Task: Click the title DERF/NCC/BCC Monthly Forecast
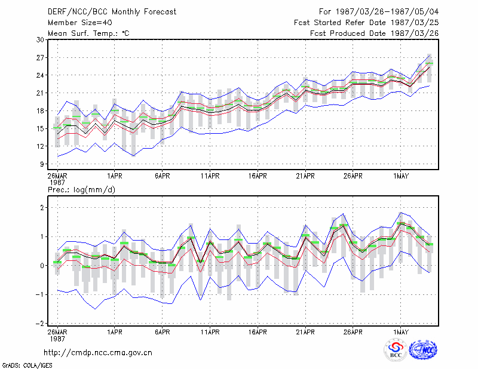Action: (112, 12)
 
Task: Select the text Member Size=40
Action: (80, 23)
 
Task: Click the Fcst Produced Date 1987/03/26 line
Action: (375, 33)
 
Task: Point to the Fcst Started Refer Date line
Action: (366, 23)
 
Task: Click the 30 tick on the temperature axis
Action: (41, 40)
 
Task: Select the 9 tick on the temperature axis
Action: (42, 164)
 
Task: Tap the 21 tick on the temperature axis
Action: (41, 93)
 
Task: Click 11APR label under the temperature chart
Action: (210, 176)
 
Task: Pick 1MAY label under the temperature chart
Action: (400, 176)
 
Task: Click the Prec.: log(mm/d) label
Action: (81, 190)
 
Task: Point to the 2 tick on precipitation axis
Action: (42, 208)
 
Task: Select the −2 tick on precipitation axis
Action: (40, 324)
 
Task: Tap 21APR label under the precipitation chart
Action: (305, 332)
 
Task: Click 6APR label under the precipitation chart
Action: (162, 332)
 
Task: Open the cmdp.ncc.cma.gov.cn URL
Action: (98, 353)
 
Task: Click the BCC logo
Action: (396, 350)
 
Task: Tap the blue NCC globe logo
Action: (423, 350)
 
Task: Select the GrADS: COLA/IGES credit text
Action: (27, 365)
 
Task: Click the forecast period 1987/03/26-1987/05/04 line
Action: (379, 12)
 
